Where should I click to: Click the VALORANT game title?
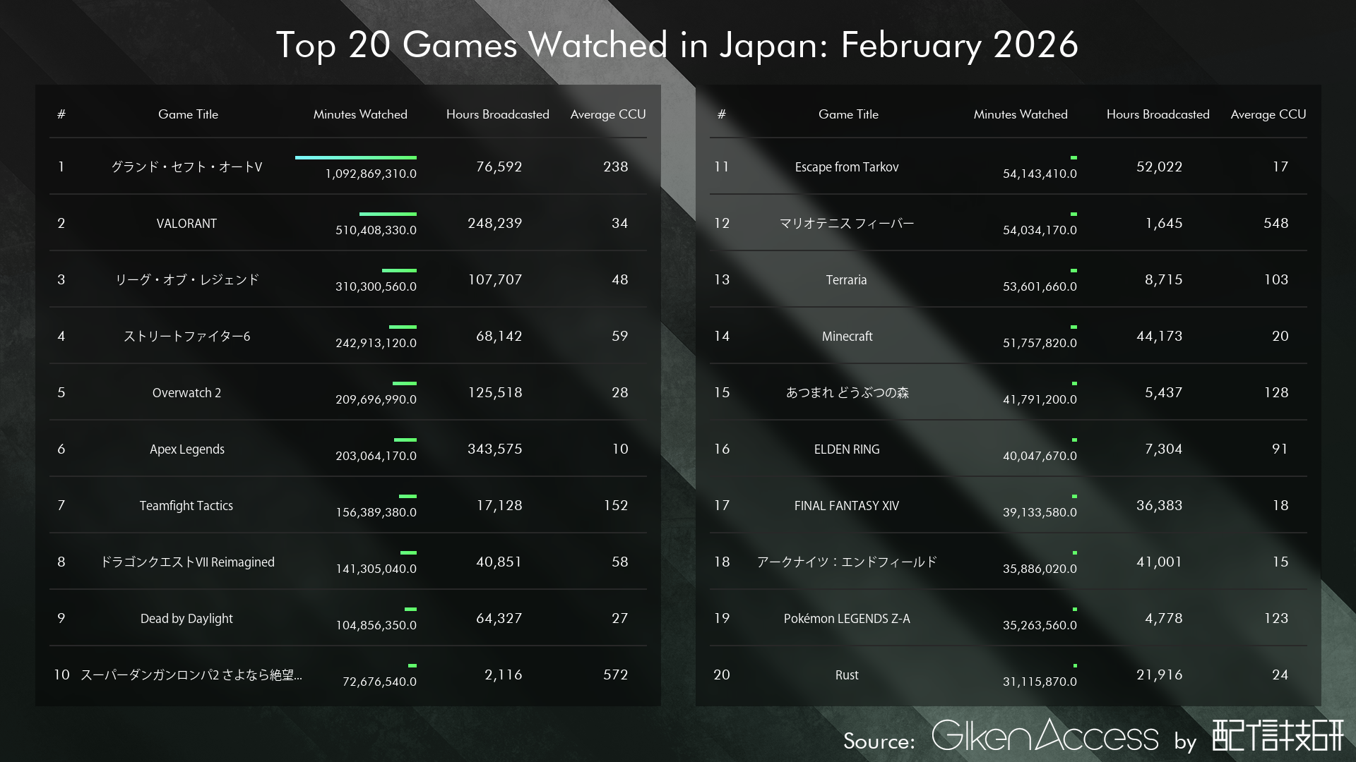click(186, 224)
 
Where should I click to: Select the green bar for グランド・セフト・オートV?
click(355, 157)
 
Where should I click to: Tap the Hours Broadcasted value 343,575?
click(494, 449)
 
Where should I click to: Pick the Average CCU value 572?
click(615, 675)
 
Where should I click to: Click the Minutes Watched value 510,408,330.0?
click(376, 231)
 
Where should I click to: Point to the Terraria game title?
click(846, 280)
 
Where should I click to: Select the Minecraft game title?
click(847, 337)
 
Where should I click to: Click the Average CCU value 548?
click(1275, 224)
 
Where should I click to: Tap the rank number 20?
click(721, 675)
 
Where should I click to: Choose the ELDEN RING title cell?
click(846, 449)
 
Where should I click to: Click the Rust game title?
click(846, 675)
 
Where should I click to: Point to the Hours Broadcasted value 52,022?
click(1159, 167)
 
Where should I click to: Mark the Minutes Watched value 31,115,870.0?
click(1040, 682)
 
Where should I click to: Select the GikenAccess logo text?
click(1045, 737)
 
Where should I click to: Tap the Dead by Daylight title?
click(186, 619)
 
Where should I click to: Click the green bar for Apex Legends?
click(405, 440)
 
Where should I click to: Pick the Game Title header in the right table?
click(848, 114)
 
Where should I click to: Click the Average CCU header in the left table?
click(607, 114)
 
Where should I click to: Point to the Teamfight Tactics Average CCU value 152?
click(615, 506)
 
